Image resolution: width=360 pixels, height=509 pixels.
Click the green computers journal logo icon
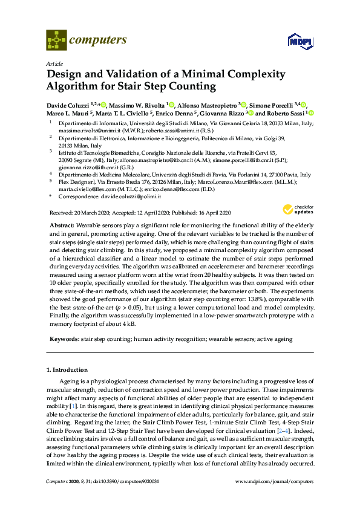point(56,41)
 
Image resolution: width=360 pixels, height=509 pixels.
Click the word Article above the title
point(54,63)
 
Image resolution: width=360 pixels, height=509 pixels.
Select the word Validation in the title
point(126,74)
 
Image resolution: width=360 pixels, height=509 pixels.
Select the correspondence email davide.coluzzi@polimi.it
point(138,196)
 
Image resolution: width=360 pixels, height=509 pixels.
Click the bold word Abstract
point(62,224)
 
